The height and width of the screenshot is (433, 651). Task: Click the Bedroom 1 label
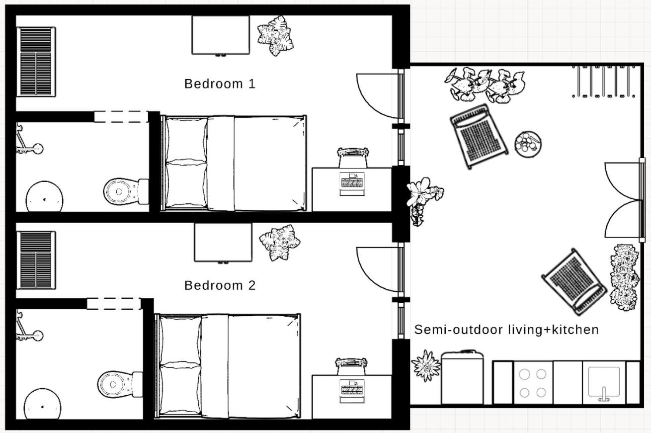tap(220, 84)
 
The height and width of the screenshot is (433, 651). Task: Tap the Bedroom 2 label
tap(220, 285)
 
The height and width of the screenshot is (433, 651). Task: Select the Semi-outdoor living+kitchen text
tap(506, 330)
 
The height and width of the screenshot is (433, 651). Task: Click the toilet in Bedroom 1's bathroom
tap(126, 191)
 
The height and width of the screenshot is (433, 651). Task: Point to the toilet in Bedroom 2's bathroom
tap(120, 384)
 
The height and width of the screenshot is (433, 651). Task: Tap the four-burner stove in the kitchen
tap(533, 383)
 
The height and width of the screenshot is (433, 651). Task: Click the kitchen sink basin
tap(604, 382)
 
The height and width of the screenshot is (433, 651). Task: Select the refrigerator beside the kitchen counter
tap(462, 377)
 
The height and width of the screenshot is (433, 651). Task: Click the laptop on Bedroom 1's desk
tap(352, 184)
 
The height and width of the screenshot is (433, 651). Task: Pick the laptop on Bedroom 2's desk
tap(352, 391)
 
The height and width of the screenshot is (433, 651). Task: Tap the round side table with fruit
tap(528, 144)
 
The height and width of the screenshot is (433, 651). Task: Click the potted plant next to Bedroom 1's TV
tap(275, 35)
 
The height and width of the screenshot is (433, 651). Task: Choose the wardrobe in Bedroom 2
tap(36, 260)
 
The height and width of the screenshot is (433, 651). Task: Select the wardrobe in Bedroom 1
tap(36, 62)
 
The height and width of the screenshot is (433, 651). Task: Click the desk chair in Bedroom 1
tap(353, 157)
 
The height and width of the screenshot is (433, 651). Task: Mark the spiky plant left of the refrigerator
tap(426, 365)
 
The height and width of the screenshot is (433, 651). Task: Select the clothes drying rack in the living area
tap(604, 81)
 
